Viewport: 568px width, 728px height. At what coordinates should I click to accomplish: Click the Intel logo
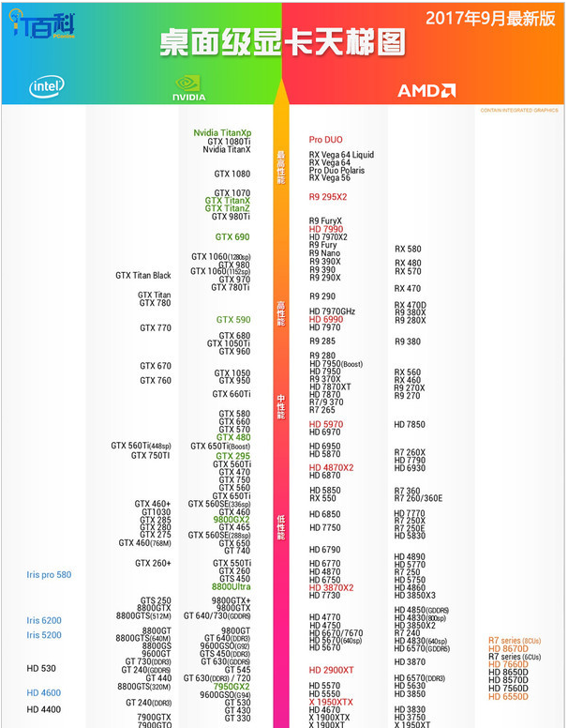pos(47,88)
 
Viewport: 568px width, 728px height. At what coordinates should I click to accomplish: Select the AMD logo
pos(426,91)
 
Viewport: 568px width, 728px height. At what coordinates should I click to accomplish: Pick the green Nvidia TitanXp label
pos(222,133)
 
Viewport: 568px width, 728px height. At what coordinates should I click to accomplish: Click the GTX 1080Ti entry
pos(229,142)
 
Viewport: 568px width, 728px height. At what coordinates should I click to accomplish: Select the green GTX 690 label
pos(232,237)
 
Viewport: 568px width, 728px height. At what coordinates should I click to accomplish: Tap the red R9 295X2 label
pos(328,197)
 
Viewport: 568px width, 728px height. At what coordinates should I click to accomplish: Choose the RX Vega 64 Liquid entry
pos(341,155)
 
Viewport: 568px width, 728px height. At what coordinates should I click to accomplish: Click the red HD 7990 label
pos(326,229)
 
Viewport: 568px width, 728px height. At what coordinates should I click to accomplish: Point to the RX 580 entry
pos(408,249)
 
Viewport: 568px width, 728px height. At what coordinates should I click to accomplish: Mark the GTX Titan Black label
pos(143,275)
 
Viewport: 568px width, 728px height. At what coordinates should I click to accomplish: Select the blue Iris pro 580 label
pos(49,574)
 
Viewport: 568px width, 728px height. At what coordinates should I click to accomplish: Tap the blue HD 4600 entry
pos(44,692)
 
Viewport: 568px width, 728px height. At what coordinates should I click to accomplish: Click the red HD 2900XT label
pos(332,670)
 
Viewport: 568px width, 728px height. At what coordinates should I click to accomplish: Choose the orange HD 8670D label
pos(509,648)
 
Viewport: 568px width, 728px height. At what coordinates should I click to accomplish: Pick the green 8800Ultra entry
pos(231,587)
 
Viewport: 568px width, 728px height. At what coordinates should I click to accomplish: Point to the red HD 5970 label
pos(326,424)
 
